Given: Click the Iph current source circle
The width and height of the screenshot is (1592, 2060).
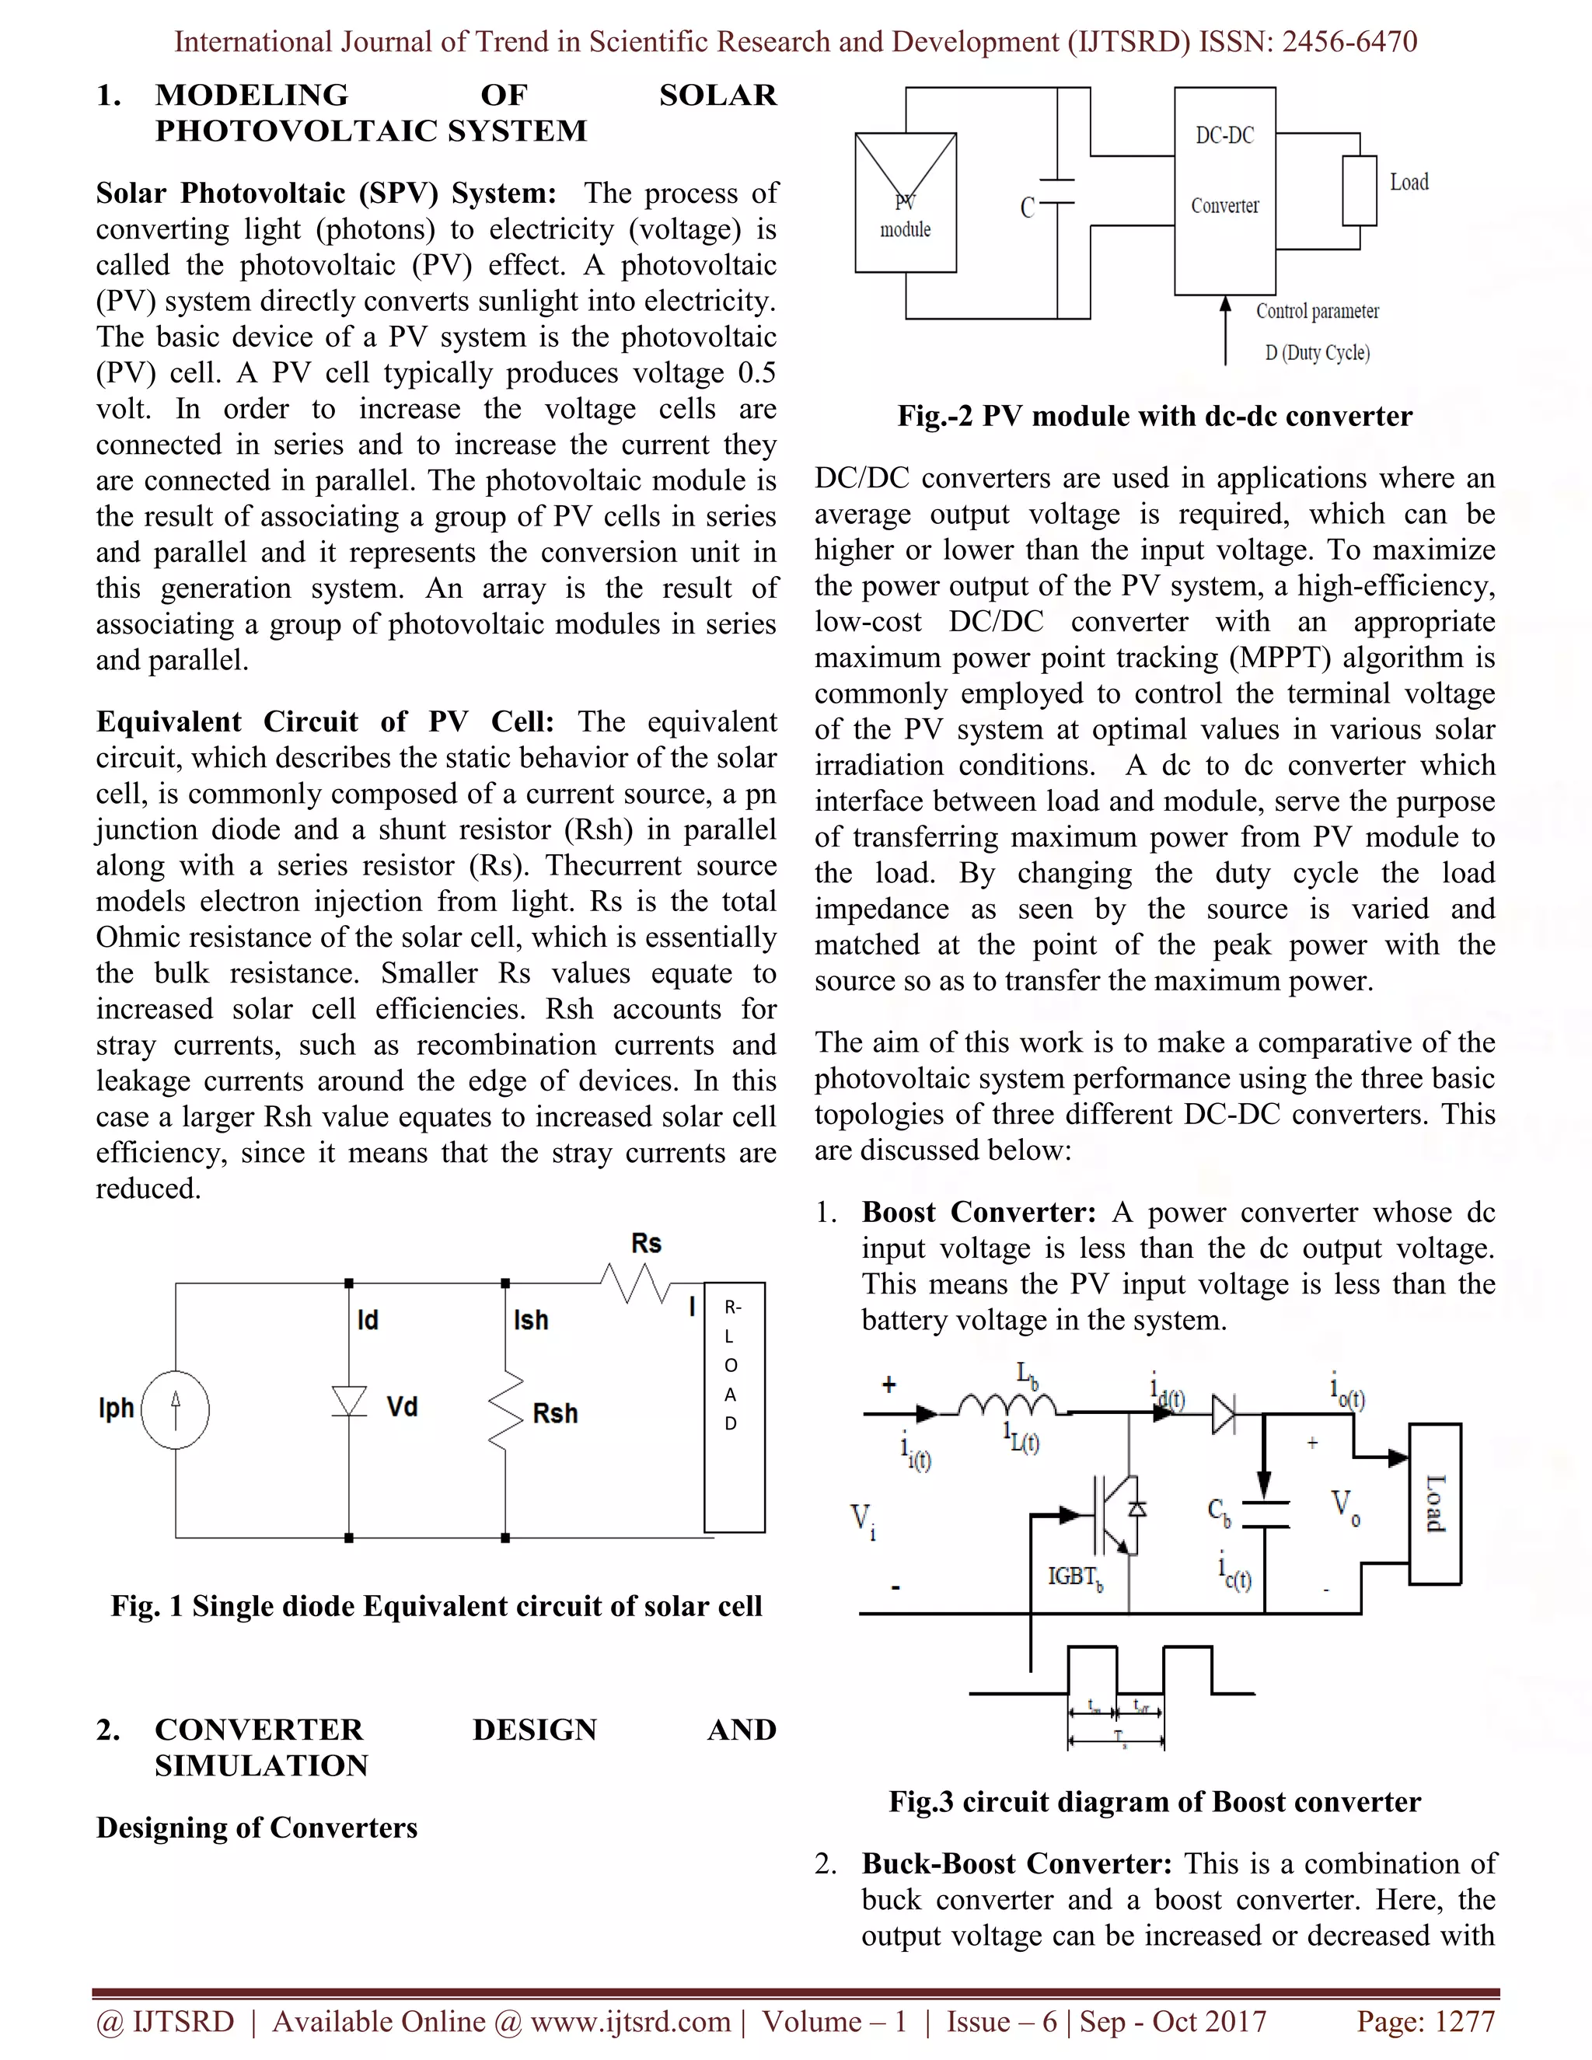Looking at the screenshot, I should tap(176, 1410).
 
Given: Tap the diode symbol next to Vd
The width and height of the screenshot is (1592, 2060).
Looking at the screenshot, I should tap(349, 1401).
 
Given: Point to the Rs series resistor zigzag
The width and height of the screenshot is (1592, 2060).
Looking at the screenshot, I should tap(636, 1283).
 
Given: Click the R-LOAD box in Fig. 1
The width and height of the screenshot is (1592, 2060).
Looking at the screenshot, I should tap(734, 1406).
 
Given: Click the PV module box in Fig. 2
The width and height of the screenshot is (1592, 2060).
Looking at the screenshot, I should tap(906, 202).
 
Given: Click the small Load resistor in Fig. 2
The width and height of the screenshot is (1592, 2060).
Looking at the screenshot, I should tap(1359, 190).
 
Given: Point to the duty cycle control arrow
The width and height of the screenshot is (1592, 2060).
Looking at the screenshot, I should tap(1225, 330).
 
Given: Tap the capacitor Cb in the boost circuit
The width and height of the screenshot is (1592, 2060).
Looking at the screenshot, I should tap(1266, 1514).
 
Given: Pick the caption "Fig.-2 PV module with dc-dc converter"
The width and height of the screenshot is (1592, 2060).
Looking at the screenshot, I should tap(1154, 416).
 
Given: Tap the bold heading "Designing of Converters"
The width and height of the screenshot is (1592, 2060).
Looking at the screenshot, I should tap(257, 1828).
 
